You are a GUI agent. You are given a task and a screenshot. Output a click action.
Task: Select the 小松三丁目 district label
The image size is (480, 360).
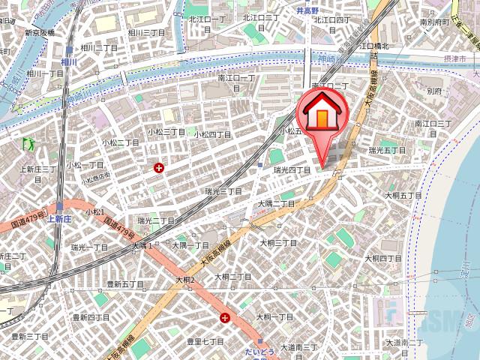coord(166,131)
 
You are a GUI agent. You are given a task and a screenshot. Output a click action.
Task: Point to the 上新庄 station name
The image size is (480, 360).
coord(58,219)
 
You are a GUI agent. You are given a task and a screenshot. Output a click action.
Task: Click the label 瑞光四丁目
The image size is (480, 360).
coord(292,170)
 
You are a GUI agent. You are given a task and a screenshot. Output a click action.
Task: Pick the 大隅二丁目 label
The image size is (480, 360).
coord(277,202)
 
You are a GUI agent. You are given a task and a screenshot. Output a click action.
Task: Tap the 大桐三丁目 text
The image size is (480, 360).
coord(277,243)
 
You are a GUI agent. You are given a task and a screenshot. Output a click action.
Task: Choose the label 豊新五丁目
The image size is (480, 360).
coord(125,284)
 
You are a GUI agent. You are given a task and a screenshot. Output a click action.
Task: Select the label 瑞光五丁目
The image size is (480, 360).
coord(387,150)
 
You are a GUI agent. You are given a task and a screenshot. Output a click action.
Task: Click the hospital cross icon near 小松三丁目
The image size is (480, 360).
coord(159,168)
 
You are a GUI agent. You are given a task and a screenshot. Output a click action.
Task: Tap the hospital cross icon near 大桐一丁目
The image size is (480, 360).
coord(225,318)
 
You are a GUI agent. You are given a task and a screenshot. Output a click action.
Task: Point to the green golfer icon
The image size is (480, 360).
coord(29,142)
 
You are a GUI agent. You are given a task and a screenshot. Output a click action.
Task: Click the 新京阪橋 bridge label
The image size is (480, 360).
coord(40,33)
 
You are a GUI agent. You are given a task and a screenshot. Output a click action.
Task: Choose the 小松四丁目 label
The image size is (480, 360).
coord(214,134)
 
